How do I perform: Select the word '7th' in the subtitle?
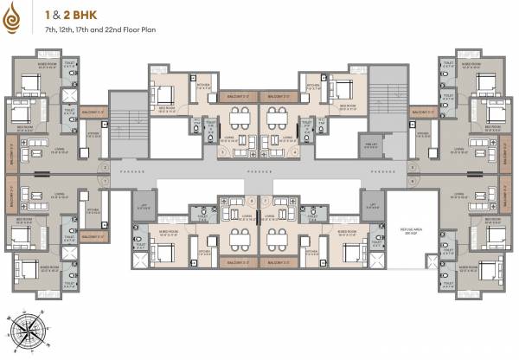(x=51, y=30)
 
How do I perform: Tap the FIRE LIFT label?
(x=394, y=145)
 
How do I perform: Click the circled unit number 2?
(x=104, y=166)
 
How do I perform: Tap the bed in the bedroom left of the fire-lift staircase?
(x=343, y=89)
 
